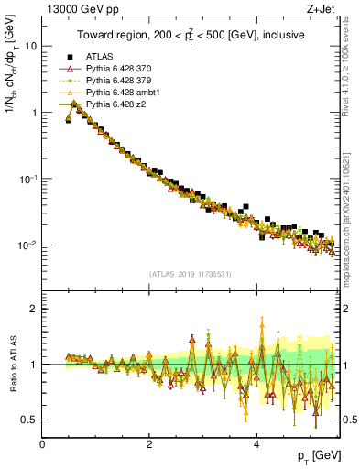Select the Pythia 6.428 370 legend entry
110,69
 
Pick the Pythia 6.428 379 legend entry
110,81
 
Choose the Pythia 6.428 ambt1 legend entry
113,93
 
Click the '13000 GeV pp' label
74,10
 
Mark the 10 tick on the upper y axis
31,46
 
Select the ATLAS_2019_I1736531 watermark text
191,274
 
